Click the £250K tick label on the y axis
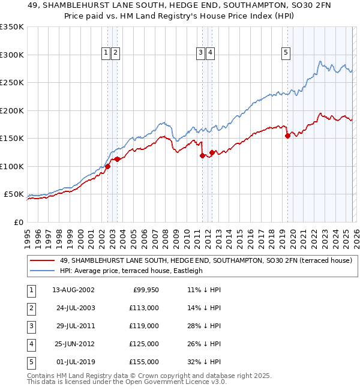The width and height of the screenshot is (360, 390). pyautogui.click(x=12, y=83)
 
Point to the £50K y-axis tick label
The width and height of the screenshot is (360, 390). pyautogui.click(x=14, y=194)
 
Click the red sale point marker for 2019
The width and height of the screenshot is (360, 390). pyautogui.click(x=287, y=136)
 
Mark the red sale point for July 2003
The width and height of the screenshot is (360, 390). pyautogui.click(x=118, y=159)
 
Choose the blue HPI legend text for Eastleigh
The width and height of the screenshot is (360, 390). pyautogui.click(x=131, y=271)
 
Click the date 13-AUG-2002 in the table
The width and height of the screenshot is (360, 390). pyautogui.click(x=73, y=290)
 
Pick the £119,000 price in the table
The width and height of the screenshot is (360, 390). pyautogui.click(x=145, y=326)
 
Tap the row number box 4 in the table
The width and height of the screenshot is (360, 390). pyautogui.click(x=30, y=344)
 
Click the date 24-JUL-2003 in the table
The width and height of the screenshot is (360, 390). pyautogui.click(x=73, y=308)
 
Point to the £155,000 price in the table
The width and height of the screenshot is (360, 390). pyautogui.click(x=145, y=362)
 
